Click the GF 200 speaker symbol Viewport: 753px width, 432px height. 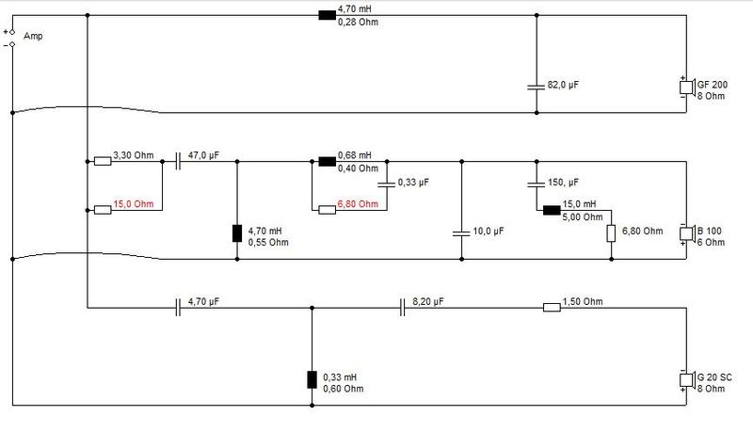coord(687,88)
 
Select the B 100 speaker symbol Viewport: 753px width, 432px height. coord(687,233)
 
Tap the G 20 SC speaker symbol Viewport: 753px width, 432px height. coord(687,380)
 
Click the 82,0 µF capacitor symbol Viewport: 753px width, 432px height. coord(537,88)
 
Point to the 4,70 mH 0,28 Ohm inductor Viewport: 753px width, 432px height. coord(327,15)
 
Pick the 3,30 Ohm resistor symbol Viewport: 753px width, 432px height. coord(103,161)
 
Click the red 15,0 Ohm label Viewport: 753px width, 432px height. coord(134,204)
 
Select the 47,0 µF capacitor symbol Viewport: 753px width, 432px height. coord(178,161)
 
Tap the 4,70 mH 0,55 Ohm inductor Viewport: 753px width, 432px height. coord(237,233)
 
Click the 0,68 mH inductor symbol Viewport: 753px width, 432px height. coord(327,161)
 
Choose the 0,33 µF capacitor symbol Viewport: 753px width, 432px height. coord(387,184)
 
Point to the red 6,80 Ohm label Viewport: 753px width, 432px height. coord(358,204)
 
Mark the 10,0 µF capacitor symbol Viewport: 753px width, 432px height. coord(461,233)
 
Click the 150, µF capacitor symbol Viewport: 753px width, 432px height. coord(537,184)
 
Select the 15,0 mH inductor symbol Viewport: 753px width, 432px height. coord(552,210)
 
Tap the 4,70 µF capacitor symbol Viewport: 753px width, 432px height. coord(178,307)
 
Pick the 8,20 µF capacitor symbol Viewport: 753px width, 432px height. coord(403,307)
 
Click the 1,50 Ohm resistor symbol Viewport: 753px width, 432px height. coord(552,307)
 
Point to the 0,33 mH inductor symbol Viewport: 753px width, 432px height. coord(312,379)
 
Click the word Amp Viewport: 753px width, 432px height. coord(33,36)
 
